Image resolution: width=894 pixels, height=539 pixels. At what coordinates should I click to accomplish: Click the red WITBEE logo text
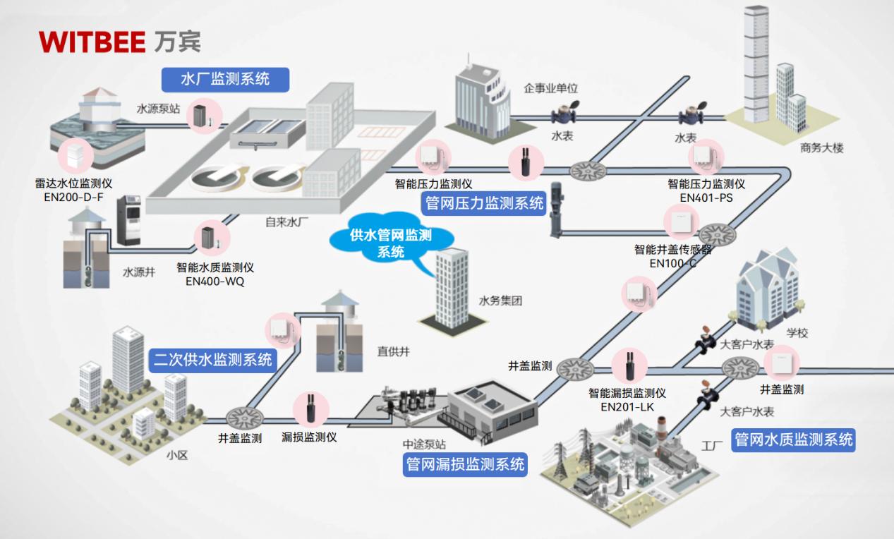point(92,42)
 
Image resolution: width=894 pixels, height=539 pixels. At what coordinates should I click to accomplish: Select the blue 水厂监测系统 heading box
point(225,78)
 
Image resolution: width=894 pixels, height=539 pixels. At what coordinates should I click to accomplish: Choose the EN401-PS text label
point(706,198)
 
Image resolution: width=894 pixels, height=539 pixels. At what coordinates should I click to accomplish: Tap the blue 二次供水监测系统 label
point(212,360)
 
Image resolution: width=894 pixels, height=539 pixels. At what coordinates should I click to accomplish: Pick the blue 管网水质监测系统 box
point(794,440)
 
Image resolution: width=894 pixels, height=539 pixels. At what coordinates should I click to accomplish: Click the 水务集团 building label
point(500,301)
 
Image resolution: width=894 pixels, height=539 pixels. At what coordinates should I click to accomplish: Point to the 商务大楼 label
point(821,148)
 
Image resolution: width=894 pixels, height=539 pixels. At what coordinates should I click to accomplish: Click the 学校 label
point(797,333)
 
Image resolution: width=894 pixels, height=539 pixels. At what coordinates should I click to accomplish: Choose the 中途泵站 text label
point(424,444)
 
